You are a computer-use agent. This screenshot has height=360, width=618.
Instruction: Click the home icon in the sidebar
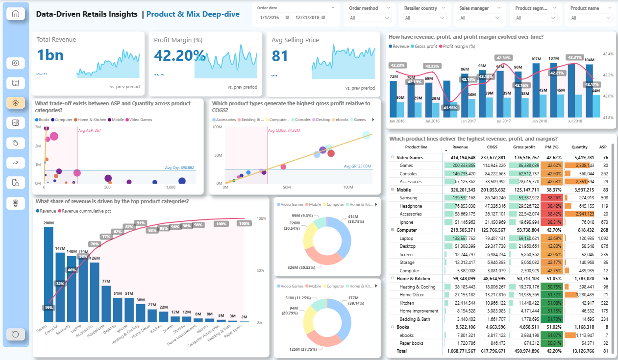(x=16, y=14)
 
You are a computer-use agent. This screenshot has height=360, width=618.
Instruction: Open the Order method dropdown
(x=370, y=18)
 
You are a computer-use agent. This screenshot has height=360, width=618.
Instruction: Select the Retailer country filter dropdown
(x=424, y=18)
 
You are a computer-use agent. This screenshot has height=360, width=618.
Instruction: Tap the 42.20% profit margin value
(x=179, y=56)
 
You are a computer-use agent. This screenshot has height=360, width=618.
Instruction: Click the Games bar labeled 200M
(x=49, y=274)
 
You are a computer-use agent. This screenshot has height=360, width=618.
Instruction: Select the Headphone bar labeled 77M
(x=106, y=304)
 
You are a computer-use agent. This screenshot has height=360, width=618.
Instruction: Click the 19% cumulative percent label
(x=49, y=308)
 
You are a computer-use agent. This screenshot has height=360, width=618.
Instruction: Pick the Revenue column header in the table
(x=460, y=147)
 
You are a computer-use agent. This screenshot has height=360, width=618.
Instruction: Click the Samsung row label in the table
(x=409, y=198)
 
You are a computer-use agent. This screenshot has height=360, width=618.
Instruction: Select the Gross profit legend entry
(x=424, y=46)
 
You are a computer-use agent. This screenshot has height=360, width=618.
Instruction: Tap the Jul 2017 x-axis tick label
(x=503, y=120)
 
